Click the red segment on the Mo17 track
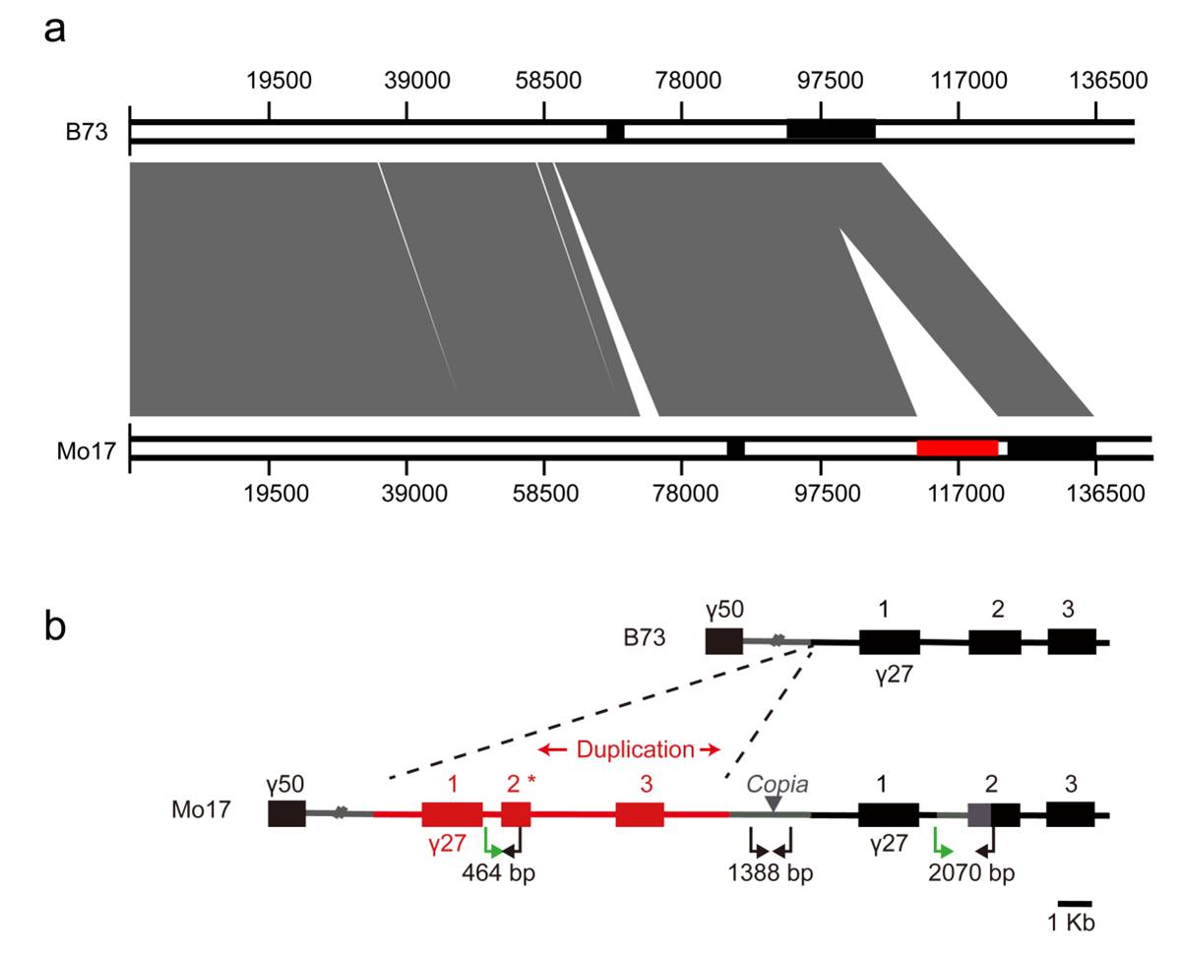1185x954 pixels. coord(957,448)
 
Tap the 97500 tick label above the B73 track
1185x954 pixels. coord(822,80)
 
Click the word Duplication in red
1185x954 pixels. coord(635,750)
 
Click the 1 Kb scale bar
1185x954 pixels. coord(1075,903)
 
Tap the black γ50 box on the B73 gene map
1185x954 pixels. coord(723,641)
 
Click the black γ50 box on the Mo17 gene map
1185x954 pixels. coord(286,813)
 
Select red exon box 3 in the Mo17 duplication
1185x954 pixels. coord(640,814)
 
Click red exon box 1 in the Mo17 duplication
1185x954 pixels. coord(452,814)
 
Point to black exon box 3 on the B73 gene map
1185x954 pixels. coord(1071,641)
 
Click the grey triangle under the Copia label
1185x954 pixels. coord(775,804)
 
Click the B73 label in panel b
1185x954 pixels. coord(644,637)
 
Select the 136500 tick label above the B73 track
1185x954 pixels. coord(1100,80)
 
